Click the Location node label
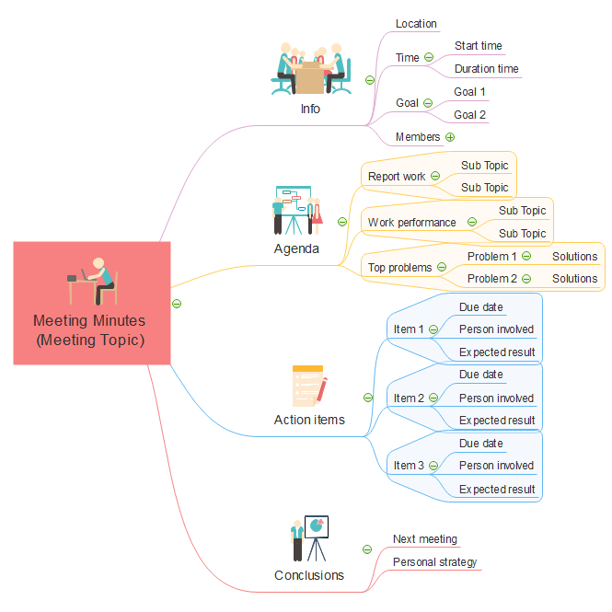[x=416, y=24]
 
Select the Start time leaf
[x=478, y=46]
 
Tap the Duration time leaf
[x=486, y=69]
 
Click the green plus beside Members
[x=450, y=137]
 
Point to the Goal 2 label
[x=469, y=115]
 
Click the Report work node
[x=397, y=177]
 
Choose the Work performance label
[x=411, y=223]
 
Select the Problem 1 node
[x=492, y=257]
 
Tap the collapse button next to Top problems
[x=441, y=268]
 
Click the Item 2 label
[x=409, y=398]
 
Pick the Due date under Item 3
[x=480, y=444]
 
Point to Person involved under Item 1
[x=496, y=329]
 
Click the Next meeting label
[x=424, y=539]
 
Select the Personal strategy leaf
[x=434, y=562]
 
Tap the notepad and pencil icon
[x=309, y=385]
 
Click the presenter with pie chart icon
[x=309, y=539]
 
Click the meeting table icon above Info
[x=310, y=68]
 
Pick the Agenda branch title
[x=296, y=248]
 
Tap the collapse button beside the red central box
[x=177, y=303]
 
